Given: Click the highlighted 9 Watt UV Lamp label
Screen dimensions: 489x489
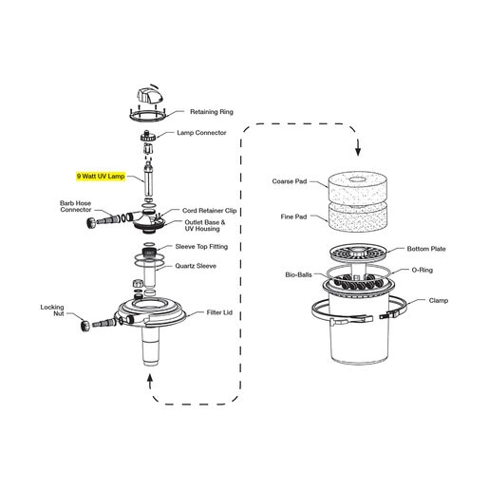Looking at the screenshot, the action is click(x=101, y=176).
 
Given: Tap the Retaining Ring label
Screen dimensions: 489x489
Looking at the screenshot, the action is click(x=212, y=112).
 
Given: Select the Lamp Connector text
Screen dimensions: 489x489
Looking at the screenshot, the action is click(x=201, y=133).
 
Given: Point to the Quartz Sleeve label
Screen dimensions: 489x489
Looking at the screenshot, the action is click(x=196, y=266).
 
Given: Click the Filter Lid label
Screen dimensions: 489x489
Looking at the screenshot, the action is click(x=219, y=312).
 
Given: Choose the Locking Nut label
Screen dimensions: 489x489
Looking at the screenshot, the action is click(x=52, y=310).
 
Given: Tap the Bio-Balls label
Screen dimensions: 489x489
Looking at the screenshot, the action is click(x=298, y=274).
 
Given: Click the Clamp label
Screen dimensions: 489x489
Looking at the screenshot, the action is click(x=439, y=300).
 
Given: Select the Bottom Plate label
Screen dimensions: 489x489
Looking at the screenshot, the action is click(x=426, y=249).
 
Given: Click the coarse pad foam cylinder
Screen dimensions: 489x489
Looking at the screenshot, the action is click(x=357, y=188).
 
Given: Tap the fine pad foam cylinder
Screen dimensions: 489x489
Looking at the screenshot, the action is click(x=357, y=217).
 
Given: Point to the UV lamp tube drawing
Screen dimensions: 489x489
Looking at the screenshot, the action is click(x=148, y=179).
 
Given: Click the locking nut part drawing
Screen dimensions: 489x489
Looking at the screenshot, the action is click(x=85, y=326).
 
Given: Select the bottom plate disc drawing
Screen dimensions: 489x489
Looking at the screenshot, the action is click(x=358, y=252).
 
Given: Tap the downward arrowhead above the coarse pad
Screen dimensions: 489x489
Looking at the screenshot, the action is click(x=358, y=152).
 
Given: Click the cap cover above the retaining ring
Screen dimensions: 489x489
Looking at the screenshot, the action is click(x=150, y=95).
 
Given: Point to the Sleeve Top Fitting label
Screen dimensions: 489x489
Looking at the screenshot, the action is click(x=201, y=247).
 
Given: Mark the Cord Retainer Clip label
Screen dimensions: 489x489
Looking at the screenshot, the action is click(x=210, y=211).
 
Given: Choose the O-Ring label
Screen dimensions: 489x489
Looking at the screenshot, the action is click(x=423, y=270).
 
